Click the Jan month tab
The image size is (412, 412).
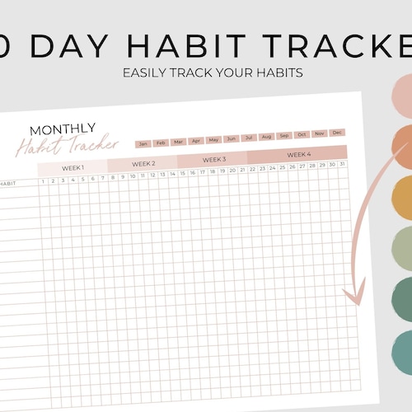(x=143, y=143)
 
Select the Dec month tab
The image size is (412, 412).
(x=337, y=132)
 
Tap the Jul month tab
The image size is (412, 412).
(x=249, y=138)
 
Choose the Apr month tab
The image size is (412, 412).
(x=196, y=140)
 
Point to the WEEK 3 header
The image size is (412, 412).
(x=213, y=158)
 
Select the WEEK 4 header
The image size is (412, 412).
(x=298, y=154)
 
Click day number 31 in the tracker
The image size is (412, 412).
(x=342, y=165)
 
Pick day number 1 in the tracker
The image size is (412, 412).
(x=43, y=180)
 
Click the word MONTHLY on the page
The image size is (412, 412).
(x=63, y=129)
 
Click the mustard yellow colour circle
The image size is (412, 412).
(x=400, y=198)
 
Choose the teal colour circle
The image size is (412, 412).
(x=401, y=351)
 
